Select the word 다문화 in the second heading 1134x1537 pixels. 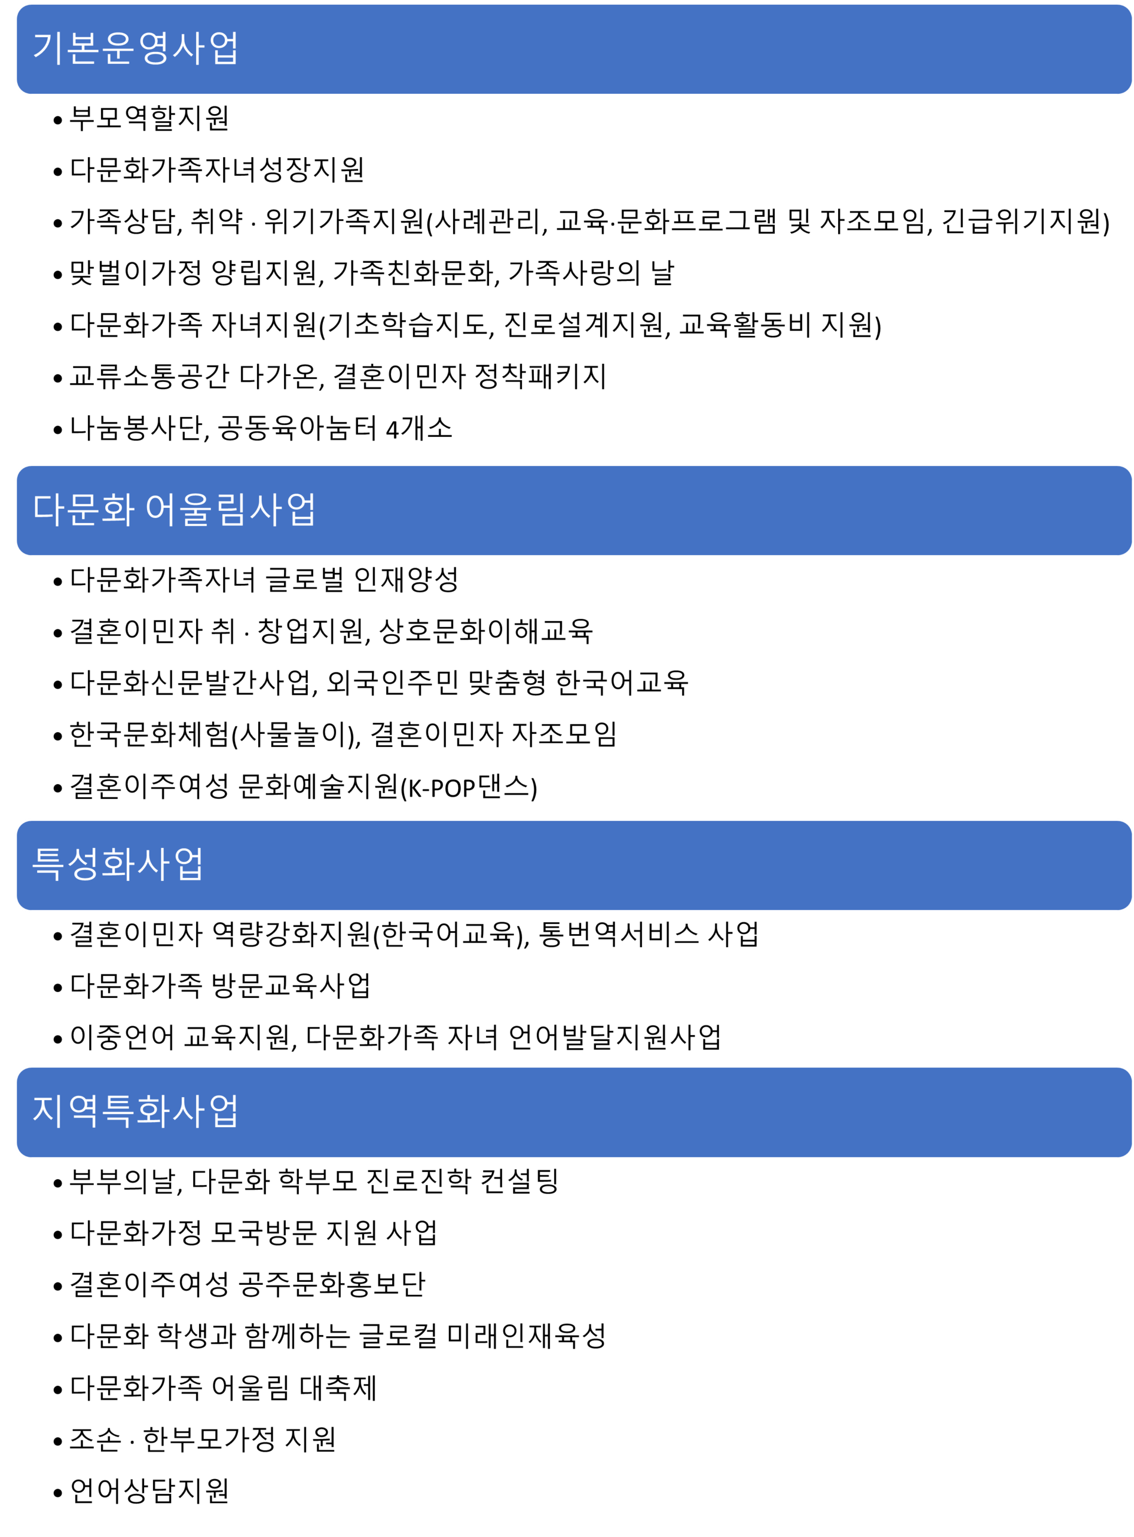pos(83,509)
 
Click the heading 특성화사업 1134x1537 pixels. pos(118,863)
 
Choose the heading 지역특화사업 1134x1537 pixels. pos(135,1111)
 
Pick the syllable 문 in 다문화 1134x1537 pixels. pos(83,509)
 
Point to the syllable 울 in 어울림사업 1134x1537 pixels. pos(195,509)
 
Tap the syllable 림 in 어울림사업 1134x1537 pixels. pos(231,509)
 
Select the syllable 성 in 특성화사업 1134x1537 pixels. pos(83,863)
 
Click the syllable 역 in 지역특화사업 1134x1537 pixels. pos(83,1111)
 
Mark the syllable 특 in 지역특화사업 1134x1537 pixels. pos(118,1111)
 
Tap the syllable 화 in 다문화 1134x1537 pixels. pos(118,509)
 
